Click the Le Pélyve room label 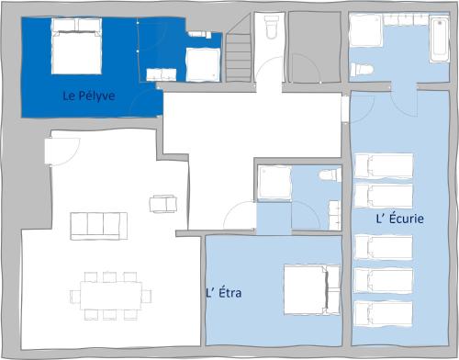coord(89,96)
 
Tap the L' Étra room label coord(224,292)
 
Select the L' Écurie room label coord(400,218)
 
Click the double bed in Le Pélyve coord(76,46)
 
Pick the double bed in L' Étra coord(312,290)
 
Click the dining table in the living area coord(111,296)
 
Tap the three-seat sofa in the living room coord(99,226)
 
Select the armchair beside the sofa coord(163,204)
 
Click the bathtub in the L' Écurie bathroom coord(440,39)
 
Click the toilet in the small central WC coord(271,27)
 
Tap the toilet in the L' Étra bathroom coord(330,175)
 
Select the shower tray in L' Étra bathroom coord(274,183)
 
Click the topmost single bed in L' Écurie coord(384,165)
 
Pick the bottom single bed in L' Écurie coord(384,314)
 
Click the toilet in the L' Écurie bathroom coord(362,70)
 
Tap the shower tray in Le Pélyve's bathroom coord(203,64)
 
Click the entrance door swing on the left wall coord(62,152)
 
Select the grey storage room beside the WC coord(315,47)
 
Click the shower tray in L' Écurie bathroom coord(366,30)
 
